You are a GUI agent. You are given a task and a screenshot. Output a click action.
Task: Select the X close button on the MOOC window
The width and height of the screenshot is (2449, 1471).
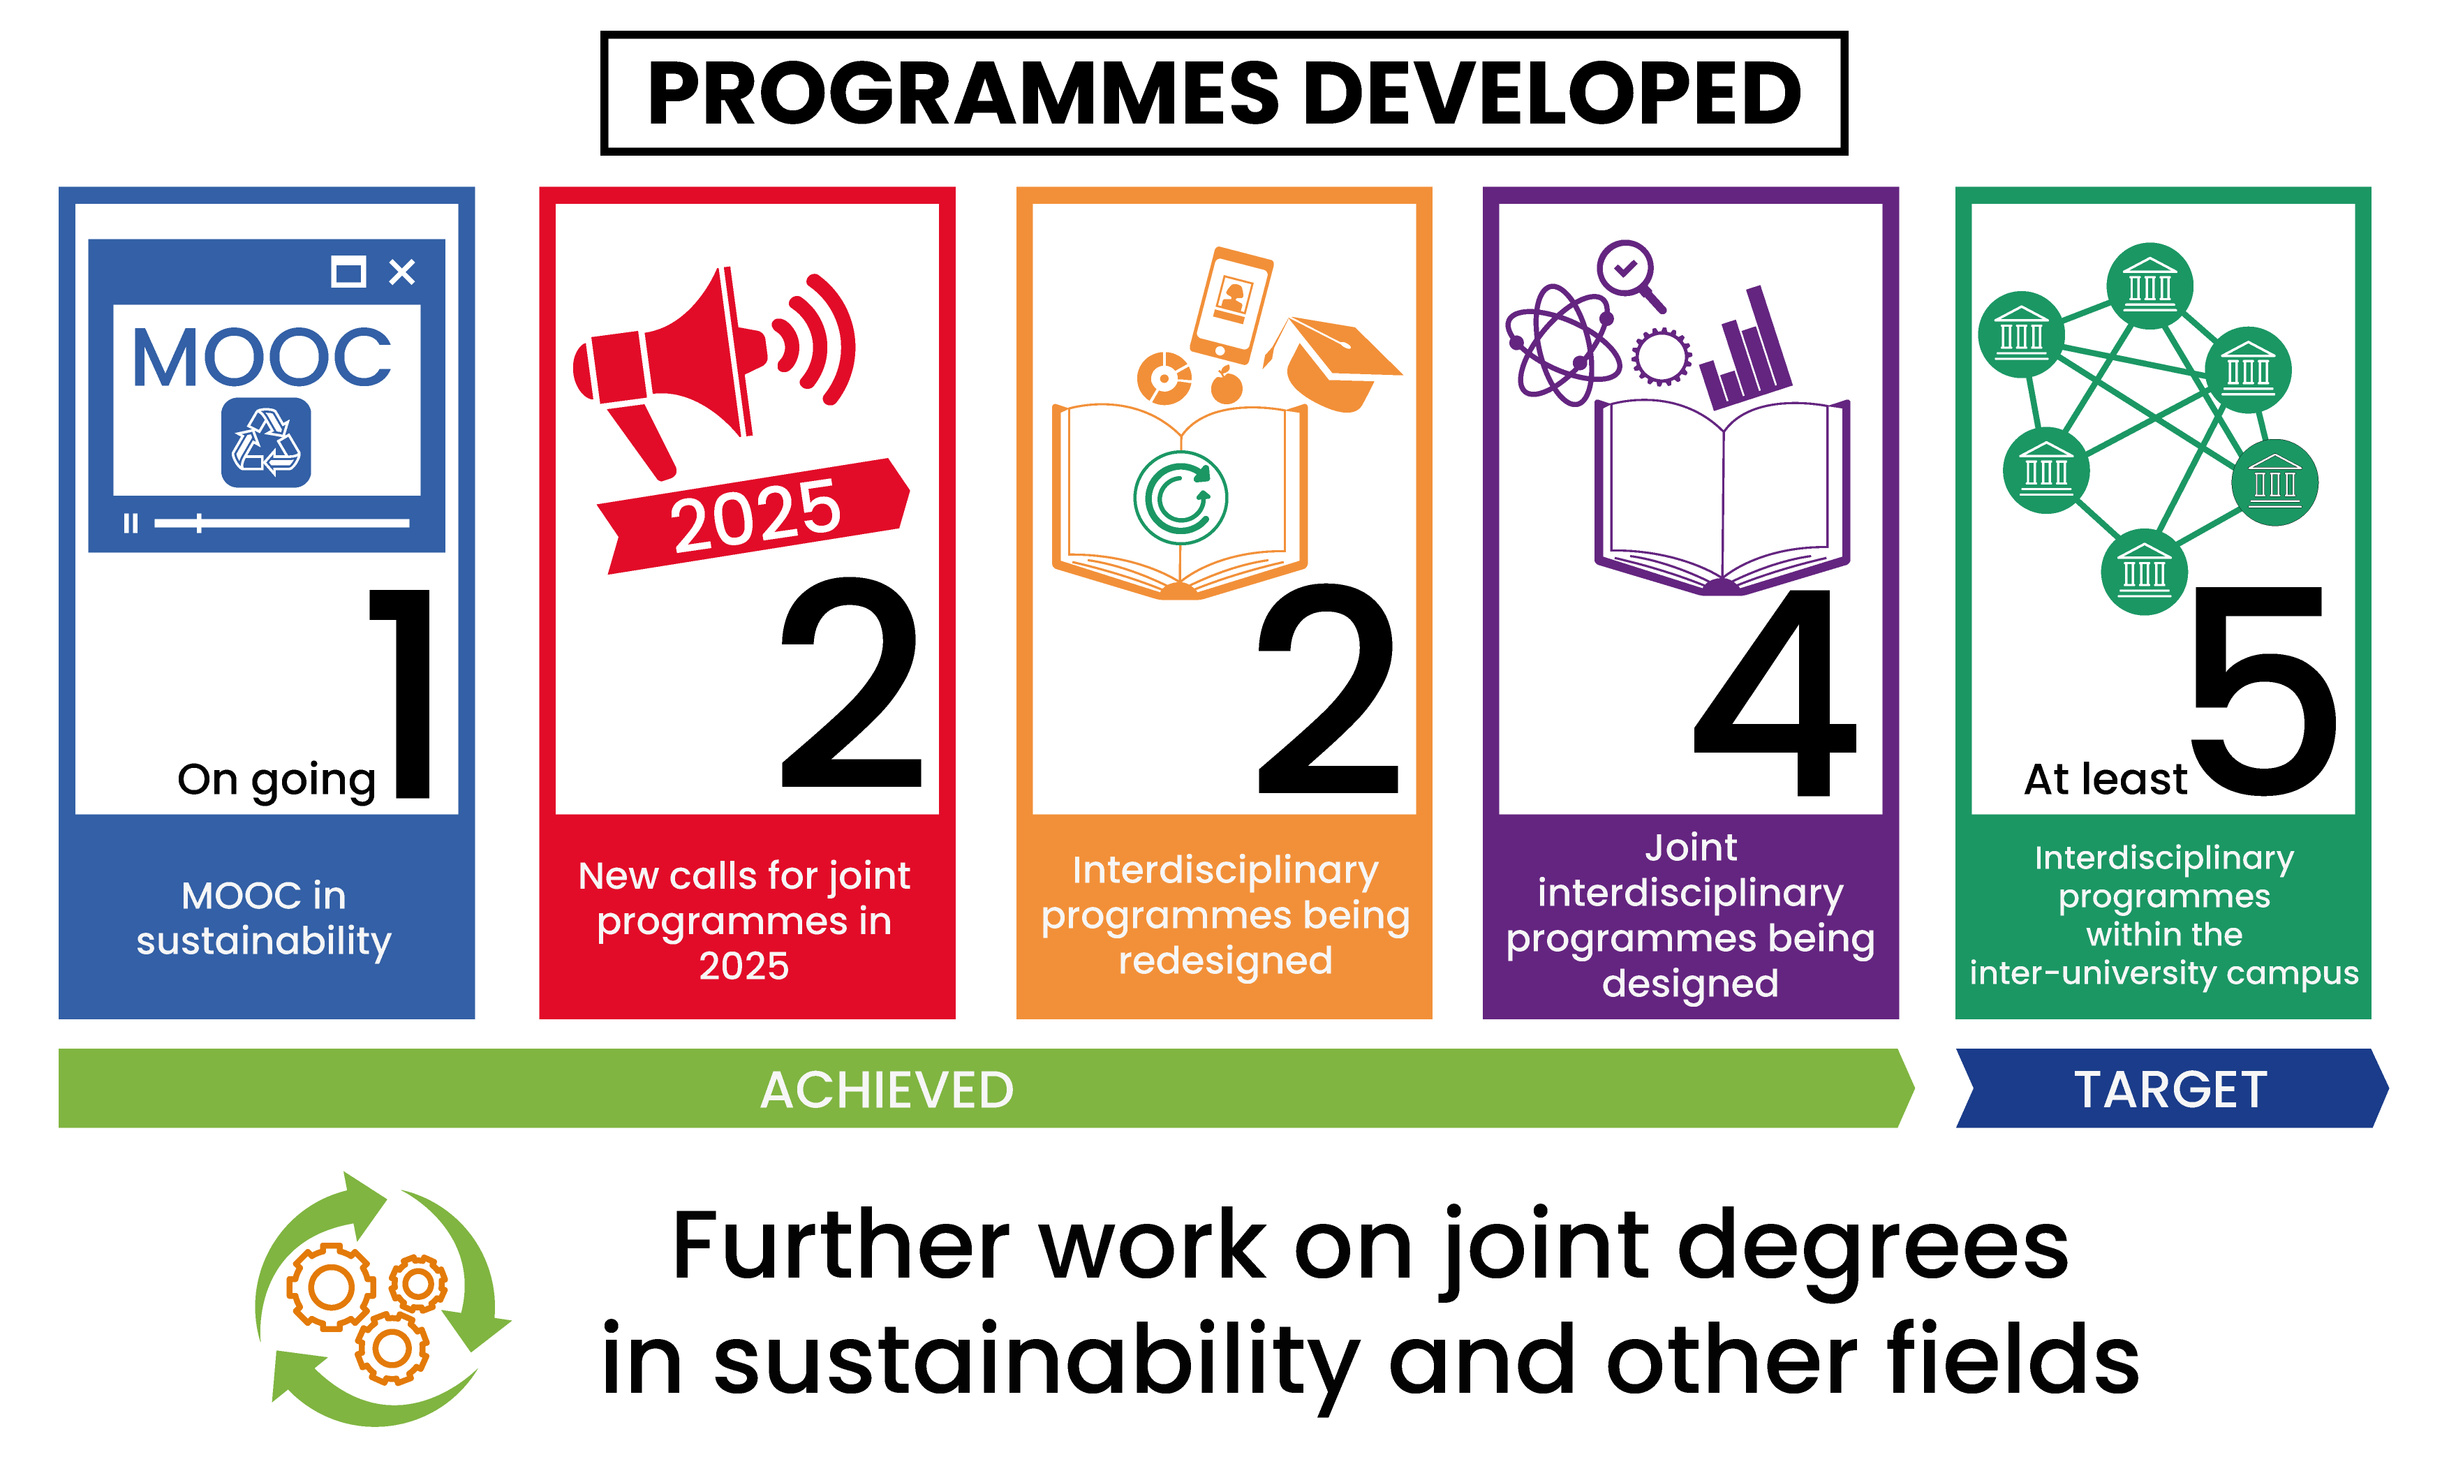[x=401, y=272]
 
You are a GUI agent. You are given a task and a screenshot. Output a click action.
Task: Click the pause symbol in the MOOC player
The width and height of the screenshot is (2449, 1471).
[x=130, y=522]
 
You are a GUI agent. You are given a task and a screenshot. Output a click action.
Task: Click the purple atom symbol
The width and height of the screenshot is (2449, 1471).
[x=1563, y=345]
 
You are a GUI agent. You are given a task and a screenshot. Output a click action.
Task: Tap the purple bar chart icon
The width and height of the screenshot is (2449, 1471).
[x=1746, y=349]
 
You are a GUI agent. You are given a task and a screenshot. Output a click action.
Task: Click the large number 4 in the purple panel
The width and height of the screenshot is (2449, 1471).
[x=1774, y=692]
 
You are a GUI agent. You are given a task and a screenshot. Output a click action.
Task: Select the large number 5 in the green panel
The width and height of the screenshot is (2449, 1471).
[x=2265, y=692]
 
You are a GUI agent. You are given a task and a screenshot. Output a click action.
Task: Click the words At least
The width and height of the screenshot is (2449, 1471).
[x=2105, y=779]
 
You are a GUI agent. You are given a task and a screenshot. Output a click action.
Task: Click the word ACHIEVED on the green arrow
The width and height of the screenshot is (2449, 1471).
[x=887, y=1091]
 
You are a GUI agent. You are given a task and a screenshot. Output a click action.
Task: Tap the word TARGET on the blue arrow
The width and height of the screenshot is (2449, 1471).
[x=2170, y=1091]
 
